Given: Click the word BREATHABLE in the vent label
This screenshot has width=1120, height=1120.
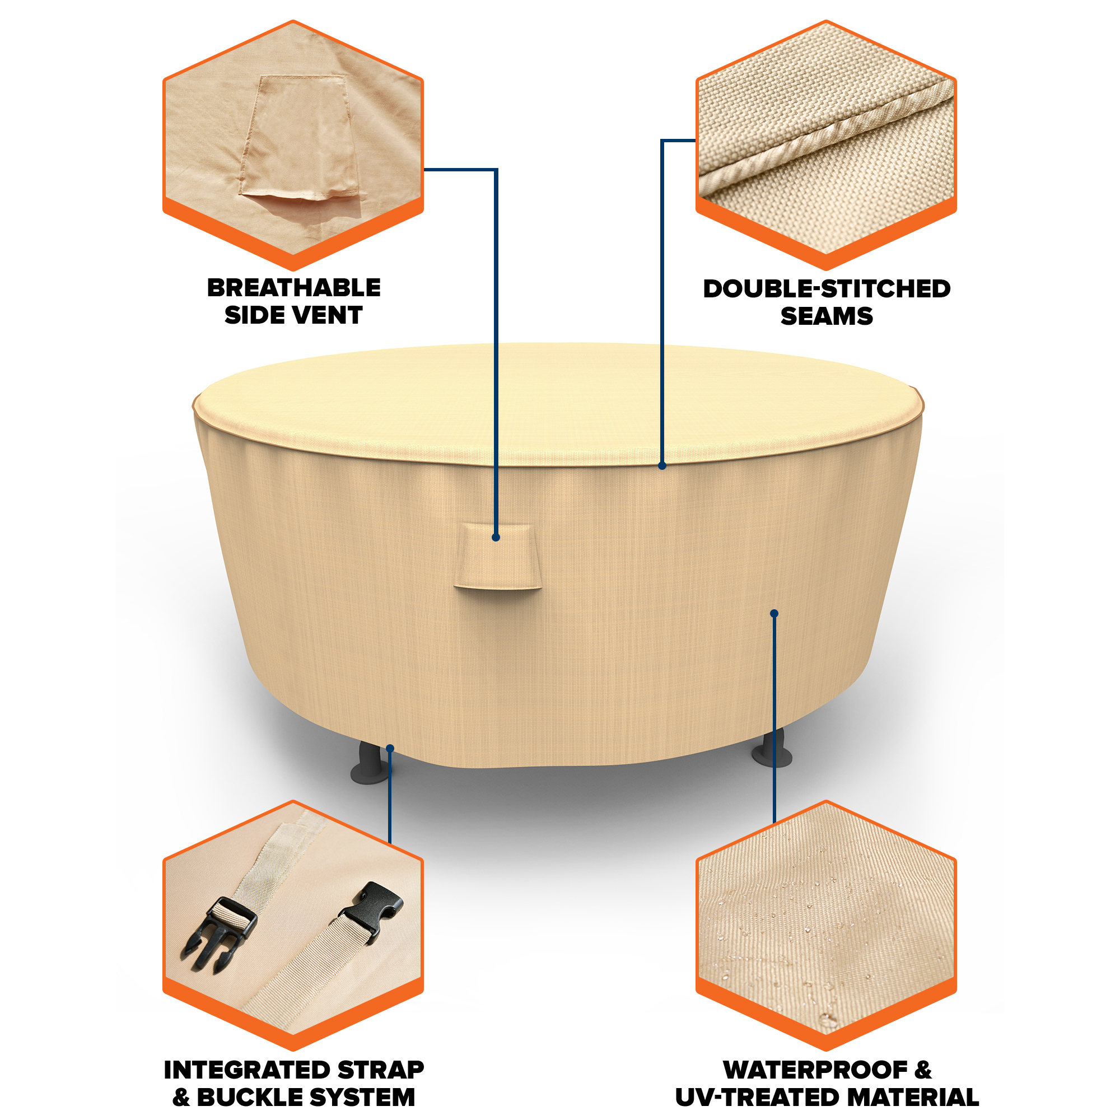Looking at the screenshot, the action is [x=294, y=287].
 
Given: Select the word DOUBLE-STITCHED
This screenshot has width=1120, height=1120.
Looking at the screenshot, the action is [x=827, y=289].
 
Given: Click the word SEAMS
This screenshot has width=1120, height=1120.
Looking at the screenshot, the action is [x=827, y=316].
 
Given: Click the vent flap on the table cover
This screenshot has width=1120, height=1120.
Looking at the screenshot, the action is [x=498, y=557].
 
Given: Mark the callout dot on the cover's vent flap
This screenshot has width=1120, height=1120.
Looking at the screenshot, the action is [x=496, y=538].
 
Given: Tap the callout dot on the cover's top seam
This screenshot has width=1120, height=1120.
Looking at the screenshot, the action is [x=662, y=465].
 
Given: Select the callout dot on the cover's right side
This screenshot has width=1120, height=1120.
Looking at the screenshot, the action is [x=774, y=613].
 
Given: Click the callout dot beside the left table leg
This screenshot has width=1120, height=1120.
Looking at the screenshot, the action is [x=390, y=748].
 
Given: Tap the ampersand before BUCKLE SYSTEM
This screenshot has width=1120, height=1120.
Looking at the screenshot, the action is [x=181, y=1098].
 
